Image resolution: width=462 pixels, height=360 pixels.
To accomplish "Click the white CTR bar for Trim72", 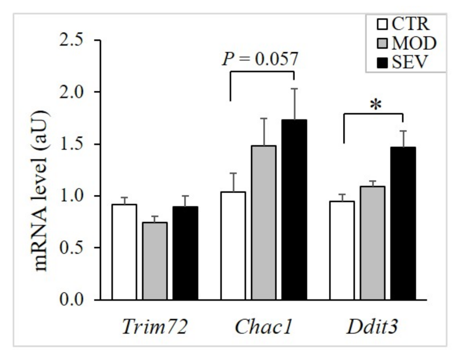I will pyautogui.click(x=124, y=252).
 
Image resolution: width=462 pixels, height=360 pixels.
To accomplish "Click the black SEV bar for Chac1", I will pyautogui.click(x=294, y=210).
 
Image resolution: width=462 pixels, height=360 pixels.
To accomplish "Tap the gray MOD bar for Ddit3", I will pyautogui.click(x=372, y=243).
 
